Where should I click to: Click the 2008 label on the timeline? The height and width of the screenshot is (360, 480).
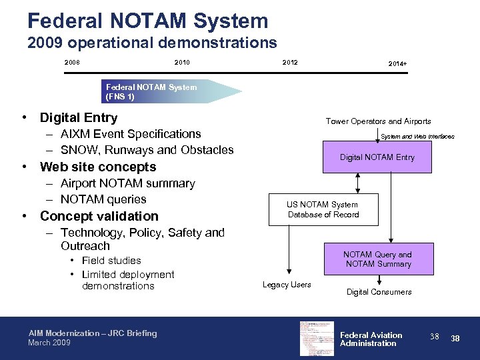tap(72, 63)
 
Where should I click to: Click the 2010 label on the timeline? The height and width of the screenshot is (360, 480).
tap(181, 63)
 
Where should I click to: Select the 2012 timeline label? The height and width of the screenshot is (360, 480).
tap(290, 63)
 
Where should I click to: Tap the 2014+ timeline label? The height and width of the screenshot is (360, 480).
tap(398, 63)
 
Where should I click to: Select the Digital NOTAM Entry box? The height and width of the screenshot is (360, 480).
tap(377, 157)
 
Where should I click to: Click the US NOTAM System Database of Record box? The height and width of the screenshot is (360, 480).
tap(323, 209)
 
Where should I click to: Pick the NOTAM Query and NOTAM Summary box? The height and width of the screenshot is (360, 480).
tap(377, 259)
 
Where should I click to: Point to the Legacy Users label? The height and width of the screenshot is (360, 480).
tap(287, 285)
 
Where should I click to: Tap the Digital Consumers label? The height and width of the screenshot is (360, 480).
tap(379, 292)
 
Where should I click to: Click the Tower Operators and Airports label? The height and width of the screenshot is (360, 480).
tap(378, 121)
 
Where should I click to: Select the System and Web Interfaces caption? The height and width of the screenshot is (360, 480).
tap(417, 137)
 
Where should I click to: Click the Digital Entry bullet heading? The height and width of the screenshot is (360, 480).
tap(79, 118)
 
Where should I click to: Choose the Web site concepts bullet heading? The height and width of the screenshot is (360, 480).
tap(98, 167)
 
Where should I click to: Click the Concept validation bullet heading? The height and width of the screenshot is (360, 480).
tap(99, 216)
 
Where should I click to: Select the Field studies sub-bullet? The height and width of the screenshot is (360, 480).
tap(111, 261)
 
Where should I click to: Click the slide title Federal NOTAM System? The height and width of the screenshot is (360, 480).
tap(148, 20)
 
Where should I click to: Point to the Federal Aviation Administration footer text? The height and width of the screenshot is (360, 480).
tap(371, 339)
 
